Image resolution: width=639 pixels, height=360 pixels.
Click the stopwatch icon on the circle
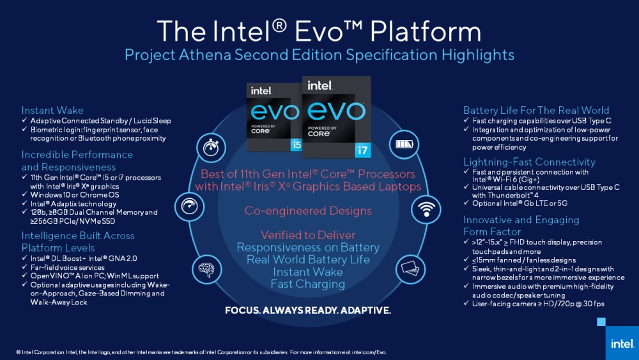point(210,146)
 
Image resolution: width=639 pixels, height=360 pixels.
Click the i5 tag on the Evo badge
point(296,144)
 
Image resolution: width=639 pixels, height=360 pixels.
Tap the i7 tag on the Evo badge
point(362,150)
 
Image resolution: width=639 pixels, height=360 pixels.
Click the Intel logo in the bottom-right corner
point(622,343)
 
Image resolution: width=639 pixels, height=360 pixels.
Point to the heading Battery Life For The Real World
point(536,110)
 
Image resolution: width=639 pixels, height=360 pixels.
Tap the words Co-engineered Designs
point(308,210)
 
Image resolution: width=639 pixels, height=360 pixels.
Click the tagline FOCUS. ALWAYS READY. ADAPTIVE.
point(307,311)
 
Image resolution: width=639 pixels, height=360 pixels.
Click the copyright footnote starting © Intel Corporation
point(201,352)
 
